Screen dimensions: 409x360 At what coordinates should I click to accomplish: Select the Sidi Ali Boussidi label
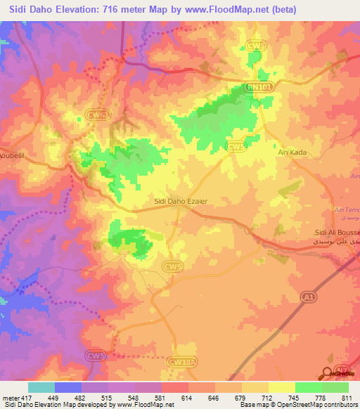point(337,232)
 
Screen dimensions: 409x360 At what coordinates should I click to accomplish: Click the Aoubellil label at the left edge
point(13,155)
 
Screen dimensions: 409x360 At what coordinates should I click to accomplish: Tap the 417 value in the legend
point(28,398)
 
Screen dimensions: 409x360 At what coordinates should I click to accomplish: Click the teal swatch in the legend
point(41,387)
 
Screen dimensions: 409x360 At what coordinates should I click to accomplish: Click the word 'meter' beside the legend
point(11,398)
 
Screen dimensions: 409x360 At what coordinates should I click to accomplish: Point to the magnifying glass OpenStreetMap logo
point(328,374)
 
